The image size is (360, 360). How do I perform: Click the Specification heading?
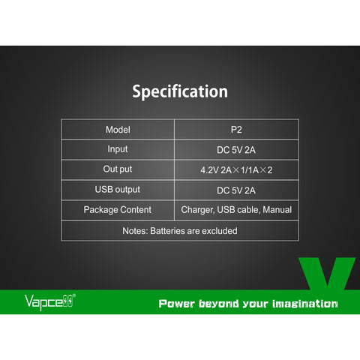180,91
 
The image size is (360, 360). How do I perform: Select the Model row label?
118,130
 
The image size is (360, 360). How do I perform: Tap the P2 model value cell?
236,130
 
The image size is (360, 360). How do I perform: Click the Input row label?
118,149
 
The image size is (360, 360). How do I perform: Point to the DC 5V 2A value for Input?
236,150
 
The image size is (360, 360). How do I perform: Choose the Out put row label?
118,169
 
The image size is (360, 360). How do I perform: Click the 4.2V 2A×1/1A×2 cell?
236,170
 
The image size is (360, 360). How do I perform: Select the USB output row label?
118,190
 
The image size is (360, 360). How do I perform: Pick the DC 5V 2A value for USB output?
236,190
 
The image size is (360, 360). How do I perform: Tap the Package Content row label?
118,210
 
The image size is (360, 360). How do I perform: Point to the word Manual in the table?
277,210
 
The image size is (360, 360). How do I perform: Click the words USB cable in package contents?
238,210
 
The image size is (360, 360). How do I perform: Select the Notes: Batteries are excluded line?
180,231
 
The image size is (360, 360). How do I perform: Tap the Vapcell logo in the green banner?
50,302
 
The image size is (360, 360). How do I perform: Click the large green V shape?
327,274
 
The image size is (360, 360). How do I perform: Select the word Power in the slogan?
176,304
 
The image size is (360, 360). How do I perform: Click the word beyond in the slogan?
219,304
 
